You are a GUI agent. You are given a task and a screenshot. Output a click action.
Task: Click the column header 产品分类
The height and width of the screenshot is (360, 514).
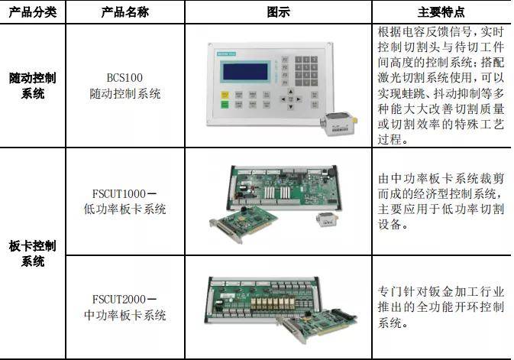click(32, 12)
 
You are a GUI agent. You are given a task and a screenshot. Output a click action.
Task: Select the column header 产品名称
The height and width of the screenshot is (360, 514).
click(125, 12)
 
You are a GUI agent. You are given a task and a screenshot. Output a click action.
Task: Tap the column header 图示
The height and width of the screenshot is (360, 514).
click(278, 12)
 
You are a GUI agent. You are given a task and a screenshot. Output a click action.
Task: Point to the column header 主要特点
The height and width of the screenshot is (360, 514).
click(441, 12)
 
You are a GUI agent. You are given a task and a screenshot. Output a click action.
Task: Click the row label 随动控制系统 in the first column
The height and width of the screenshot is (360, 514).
click(32, 86)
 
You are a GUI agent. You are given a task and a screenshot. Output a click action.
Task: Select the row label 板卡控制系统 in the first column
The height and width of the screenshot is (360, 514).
click(32, 253)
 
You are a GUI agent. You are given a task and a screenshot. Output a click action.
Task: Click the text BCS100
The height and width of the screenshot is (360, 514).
click(124, 78)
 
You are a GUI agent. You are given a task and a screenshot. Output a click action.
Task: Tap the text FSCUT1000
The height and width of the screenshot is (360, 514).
click(118, 193)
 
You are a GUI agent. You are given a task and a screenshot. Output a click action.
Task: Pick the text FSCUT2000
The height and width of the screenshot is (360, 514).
click(118, 300)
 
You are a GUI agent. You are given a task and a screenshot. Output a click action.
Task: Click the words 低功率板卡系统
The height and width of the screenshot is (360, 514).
click(125, 209)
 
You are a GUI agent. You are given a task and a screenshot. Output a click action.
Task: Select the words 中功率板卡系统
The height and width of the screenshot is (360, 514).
click(125, 315)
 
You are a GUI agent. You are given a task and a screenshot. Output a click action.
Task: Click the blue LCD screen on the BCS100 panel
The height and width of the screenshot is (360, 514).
click(245, 72)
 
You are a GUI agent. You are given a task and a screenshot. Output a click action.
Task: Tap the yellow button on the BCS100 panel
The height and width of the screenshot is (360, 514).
click(225, 96)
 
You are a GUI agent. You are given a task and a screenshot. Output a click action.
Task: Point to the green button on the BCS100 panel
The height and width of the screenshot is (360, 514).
click(225, 105)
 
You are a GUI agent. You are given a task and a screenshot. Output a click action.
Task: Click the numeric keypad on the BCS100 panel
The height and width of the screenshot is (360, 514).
click(306, 71)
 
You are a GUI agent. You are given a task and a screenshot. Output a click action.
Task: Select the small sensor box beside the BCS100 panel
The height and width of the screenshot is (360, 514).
click(338, 123)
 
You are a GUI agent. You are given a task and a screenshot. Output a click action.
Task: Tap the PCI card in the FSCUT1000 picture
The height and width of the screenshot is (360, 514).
click(243, 224)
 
